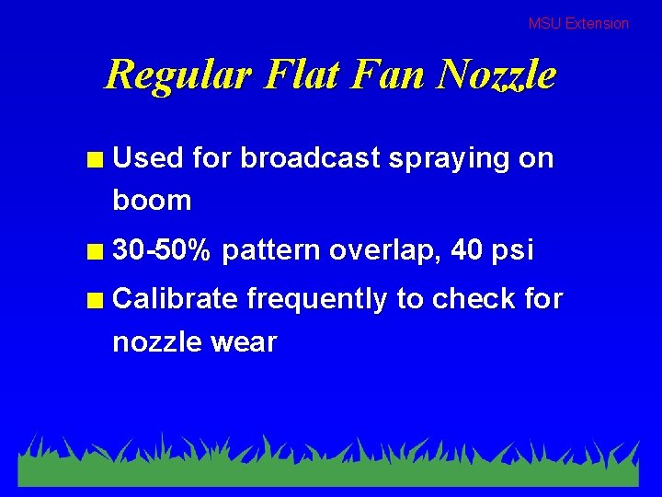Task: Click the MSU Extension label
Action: [x=578, y=24]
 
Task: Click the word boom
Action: [x=152, y=201]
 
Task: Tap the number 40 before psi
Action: [x=468, y=250]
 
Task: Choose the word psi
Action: [x=514, y=251]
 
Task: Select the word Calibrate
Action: [x=176, y=299]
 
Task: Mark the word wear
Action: [x=245, y=342]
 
